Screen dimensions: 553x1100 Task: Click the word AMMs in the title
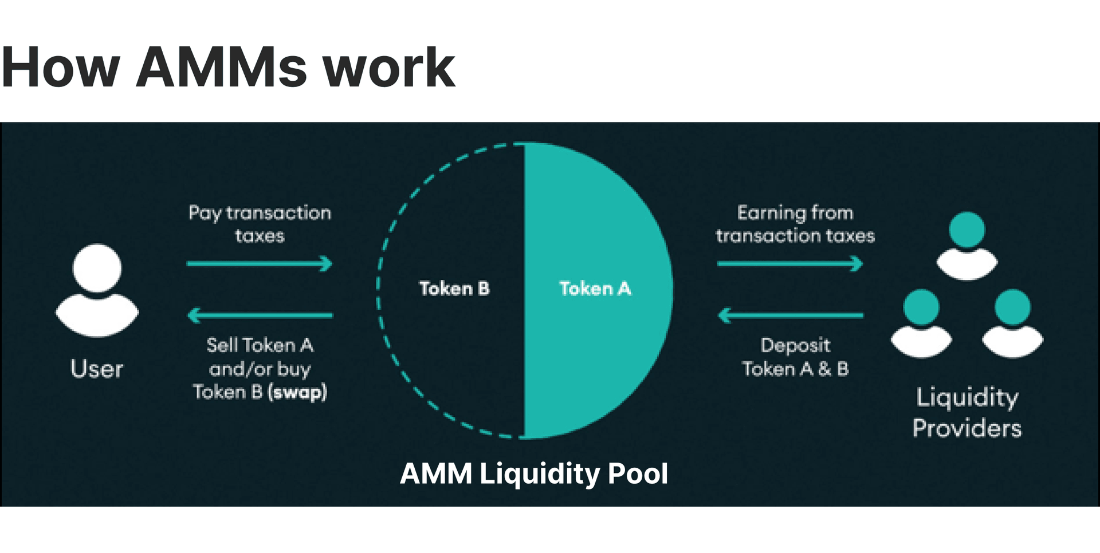point(221,68)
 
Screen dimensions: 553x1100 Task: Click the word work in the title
point(389,68)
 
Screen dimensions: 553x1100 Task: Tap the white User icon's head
point(97,268)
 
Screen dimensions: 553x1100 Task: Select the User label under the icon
point(97,369)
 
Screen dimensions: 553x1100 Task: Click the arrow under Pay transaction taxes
point(260,264)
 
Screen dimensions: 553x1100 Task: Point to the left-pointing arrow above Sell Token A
point(260,315)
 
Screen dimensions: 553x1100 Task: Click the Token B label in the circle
point(454,289)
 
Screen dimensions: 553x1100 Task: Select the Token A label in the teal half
point(595,289)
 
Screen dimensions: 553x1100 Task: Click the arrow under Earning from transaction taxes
point(789,264)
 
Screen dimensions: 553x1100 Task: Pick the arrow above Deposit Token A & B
point(791,315)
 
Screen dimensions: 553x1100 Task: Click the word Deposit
point(795,346)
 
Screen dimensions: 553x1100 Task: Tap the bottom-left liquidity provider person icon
point(921,323)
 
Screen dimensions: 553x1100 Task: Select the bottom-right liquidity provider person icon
point(1013,323)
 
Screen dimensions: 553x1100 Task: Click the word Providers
point(967,429)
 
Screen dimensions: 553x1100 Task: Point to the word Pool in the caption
point(638,474)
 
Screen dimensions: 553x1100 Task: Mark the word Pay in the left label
point(205,214)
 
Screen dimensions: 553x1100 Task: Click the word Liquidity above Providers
point(967,398)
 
